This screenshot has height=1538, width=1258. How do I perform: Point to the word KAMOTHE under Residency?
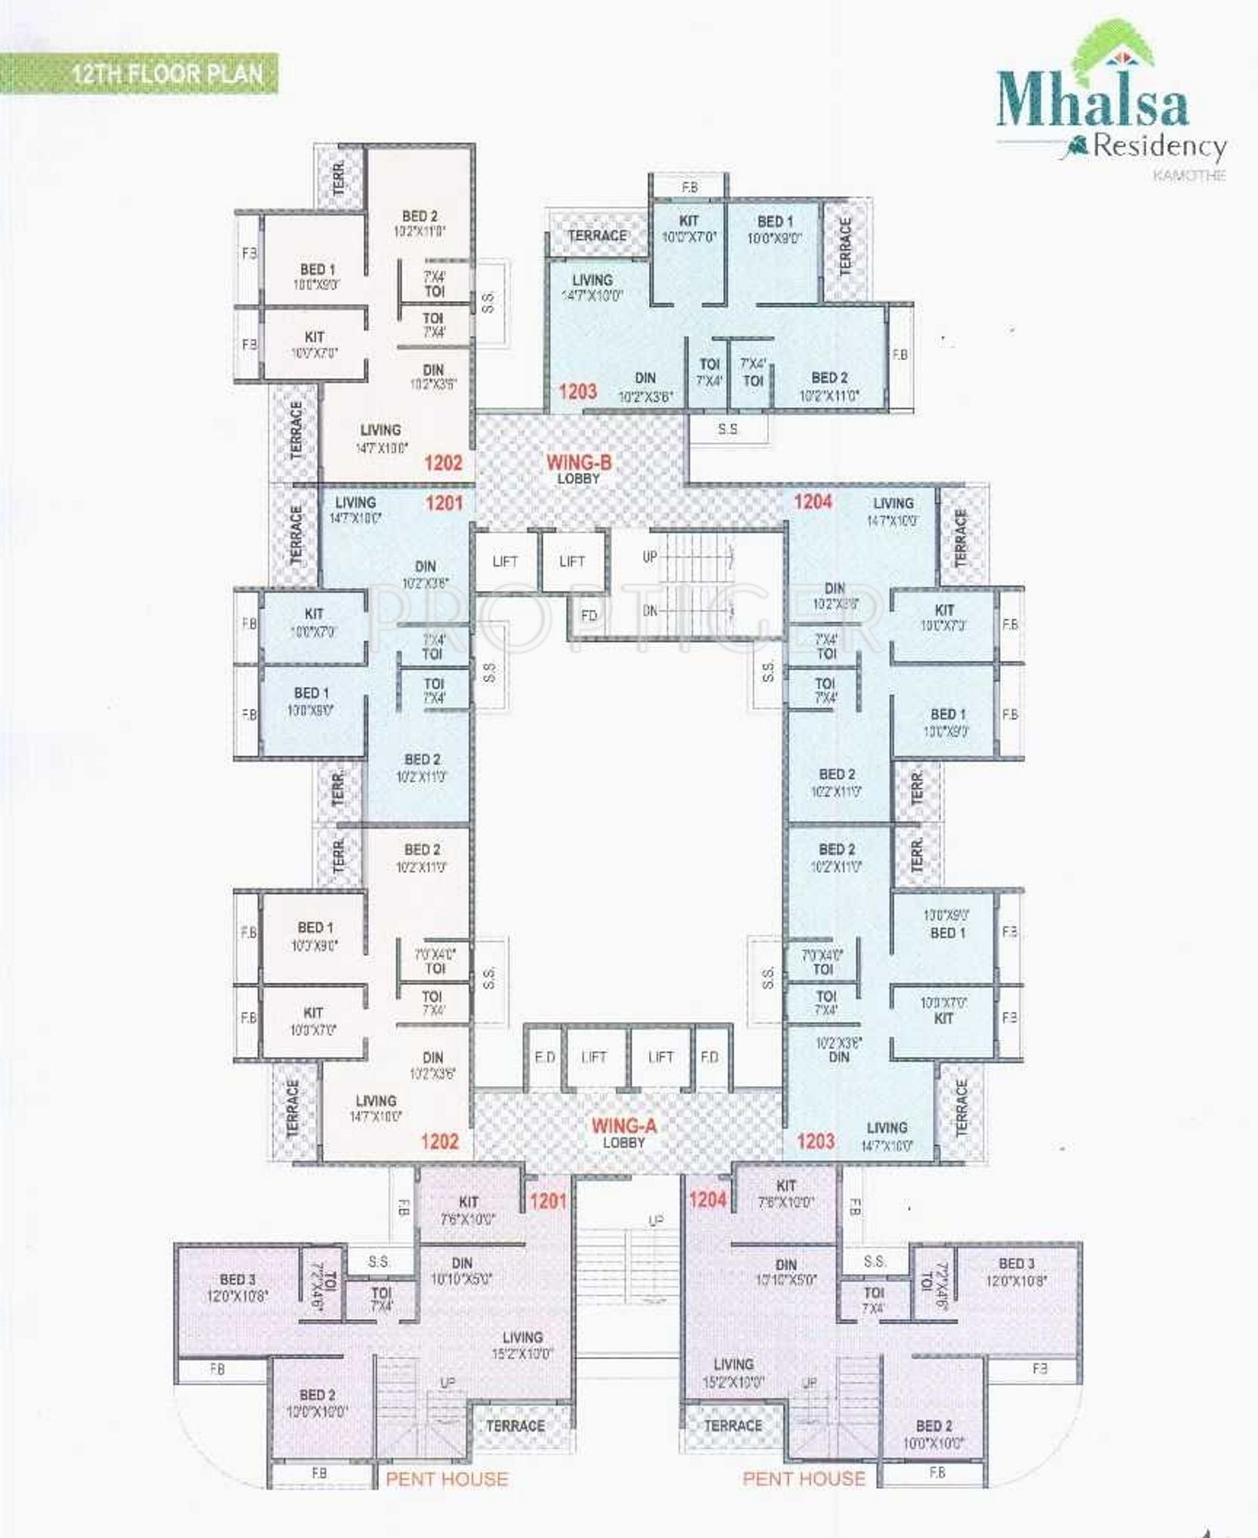pyautogui.click(x=1189, y=175)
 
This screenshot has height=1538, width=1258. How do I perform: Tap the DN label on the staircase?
pyautogui.click(x=650, y=611)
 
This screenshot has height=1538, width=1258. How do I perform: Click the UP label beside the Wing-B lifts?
pyautogui.click(x=650, y=557)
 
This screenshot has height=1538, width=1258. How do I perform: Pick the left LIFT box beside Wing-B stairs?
pyautogui.click(x=505, y=561)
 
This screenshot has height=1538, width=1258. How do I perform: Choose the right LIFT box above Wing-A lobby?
pyautogui.click(x=660, y=1057)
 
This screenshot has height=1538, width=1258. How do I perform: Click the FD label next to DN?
pyautogui.click(x=589, y=615)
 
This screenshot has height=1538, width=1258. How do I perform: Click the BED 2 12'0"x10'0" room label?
pyautogui.click(x=317, y=1403)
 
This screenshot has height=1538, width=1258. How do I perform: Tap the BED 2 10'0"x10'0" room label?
pyautogui.click(x=934, y=1434)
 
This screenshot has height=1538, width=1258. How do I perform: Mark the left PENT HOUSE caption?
pyautogui.click(x=447, y=1478)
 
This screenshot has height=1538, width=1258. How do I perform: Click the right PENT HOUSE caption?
pyautogui.click(x=804, y=1478)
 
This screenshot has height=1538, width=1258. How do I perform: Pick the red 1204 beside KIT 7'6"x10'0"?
pyautogui.click(x=707, y=1199)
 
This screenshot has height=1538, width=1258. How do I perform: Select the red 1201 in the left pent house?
pyautogui.click(x=548, y=1201)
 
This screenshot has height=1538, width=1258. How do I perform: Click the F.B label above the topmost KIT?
pyautogui.click(x=689, y=187)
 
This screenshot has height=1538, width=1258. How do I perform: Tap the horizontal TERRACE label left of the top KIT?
pyautogui.click(x=597, y=235)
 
